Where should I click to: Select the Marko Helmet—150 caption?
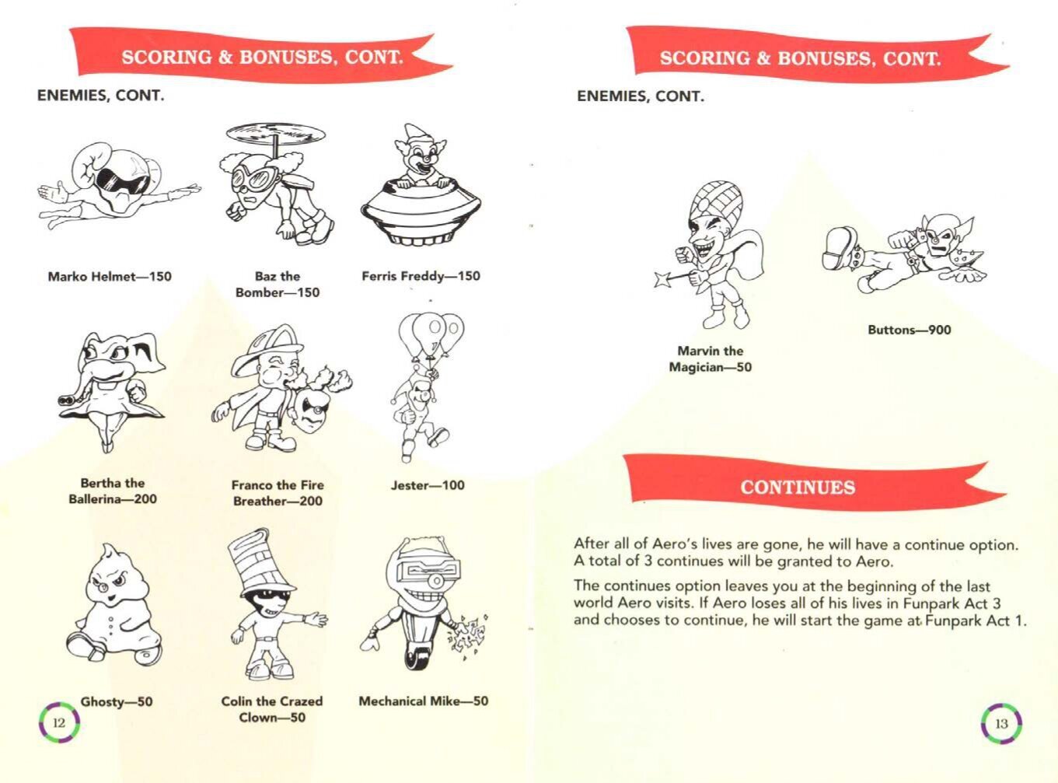[x=110, y=276]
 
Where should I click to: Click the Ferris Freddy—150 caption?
[x=421, y=276]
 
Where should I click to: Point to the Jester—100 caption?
[x=428, y=484]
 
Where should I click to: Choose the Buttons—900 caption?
[x=910, y=330]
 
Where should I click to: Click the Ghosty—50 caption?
[x=117, y=701]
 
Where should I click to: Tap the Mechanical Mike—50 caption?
[x=424, y=701]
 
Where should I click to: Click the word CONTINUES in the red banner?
[x=798, y=488]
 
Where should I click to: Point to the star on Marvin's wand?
[x=662, y=279]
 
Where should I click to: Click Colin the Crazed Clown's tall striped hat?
[x=260, y=563]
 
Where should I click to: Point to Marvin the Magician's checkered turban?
[x=716, y=203]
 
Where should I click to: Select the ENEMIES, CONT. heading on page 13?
[x=640, y=96]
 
